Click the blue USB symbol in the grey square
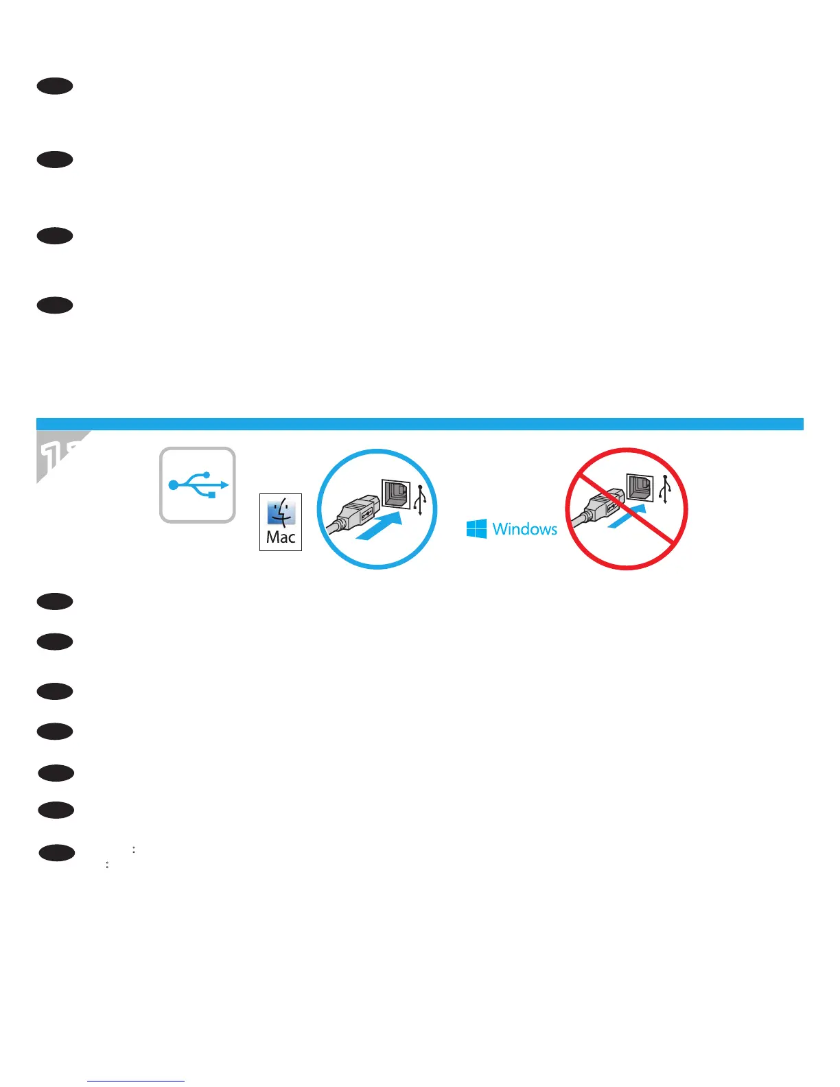coord(198,484)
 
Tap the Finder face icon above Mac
coord(281,512)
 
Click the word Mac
coord(281,537)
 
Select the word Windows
coord(524,529)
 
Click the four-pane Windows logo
coord(476,528)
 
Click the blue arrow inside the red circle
coord(627,516)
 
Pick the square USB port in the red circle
coord(640,487)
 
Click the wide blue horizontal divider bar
coord(419,423)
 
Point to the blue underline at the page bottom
coord(136,1081)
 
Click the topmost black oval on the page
coord(56,86)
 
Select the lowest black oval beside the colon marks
coord(57,853)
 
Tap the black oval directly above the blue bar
coord(56,305)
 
